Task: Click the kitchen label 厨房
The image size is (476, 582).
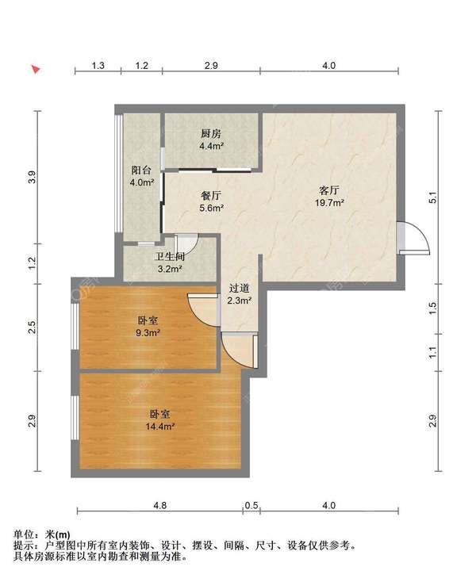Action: (211, 134)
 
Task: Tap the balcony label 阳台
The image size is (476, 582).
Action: (141, 170)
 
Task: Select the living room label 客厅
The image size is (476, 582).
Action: (329, 190)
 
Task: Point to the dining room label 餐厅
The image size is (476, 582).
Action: (211, 196)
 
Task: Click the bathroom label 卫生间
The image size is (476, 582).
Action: (170, 256)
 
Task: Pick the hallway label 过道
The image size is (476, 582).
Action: (239, 288)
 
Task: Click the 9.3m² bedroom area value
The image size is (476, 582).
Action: (148, 332)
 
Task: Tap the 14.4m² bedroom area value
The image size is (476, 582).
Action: (160, 427)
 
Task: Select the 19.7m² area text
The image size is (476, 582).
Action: (329, 203)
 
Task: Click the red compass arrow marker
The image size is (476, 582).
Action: (36, 69)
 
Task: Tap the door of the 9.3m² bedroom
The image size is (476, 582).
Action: (203, 310)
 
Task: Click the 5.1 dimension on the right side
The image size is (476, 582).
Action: (432, 197)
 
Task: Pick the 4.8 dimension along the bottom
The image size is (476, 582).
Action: (160, 505)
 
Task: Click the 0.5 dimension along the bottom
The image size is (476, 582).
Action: (251, 505)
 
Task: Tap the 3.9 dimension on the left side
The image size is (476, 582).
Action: (33, 177)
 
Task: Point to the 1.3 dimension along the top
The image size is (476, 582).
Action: (98, 66)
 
